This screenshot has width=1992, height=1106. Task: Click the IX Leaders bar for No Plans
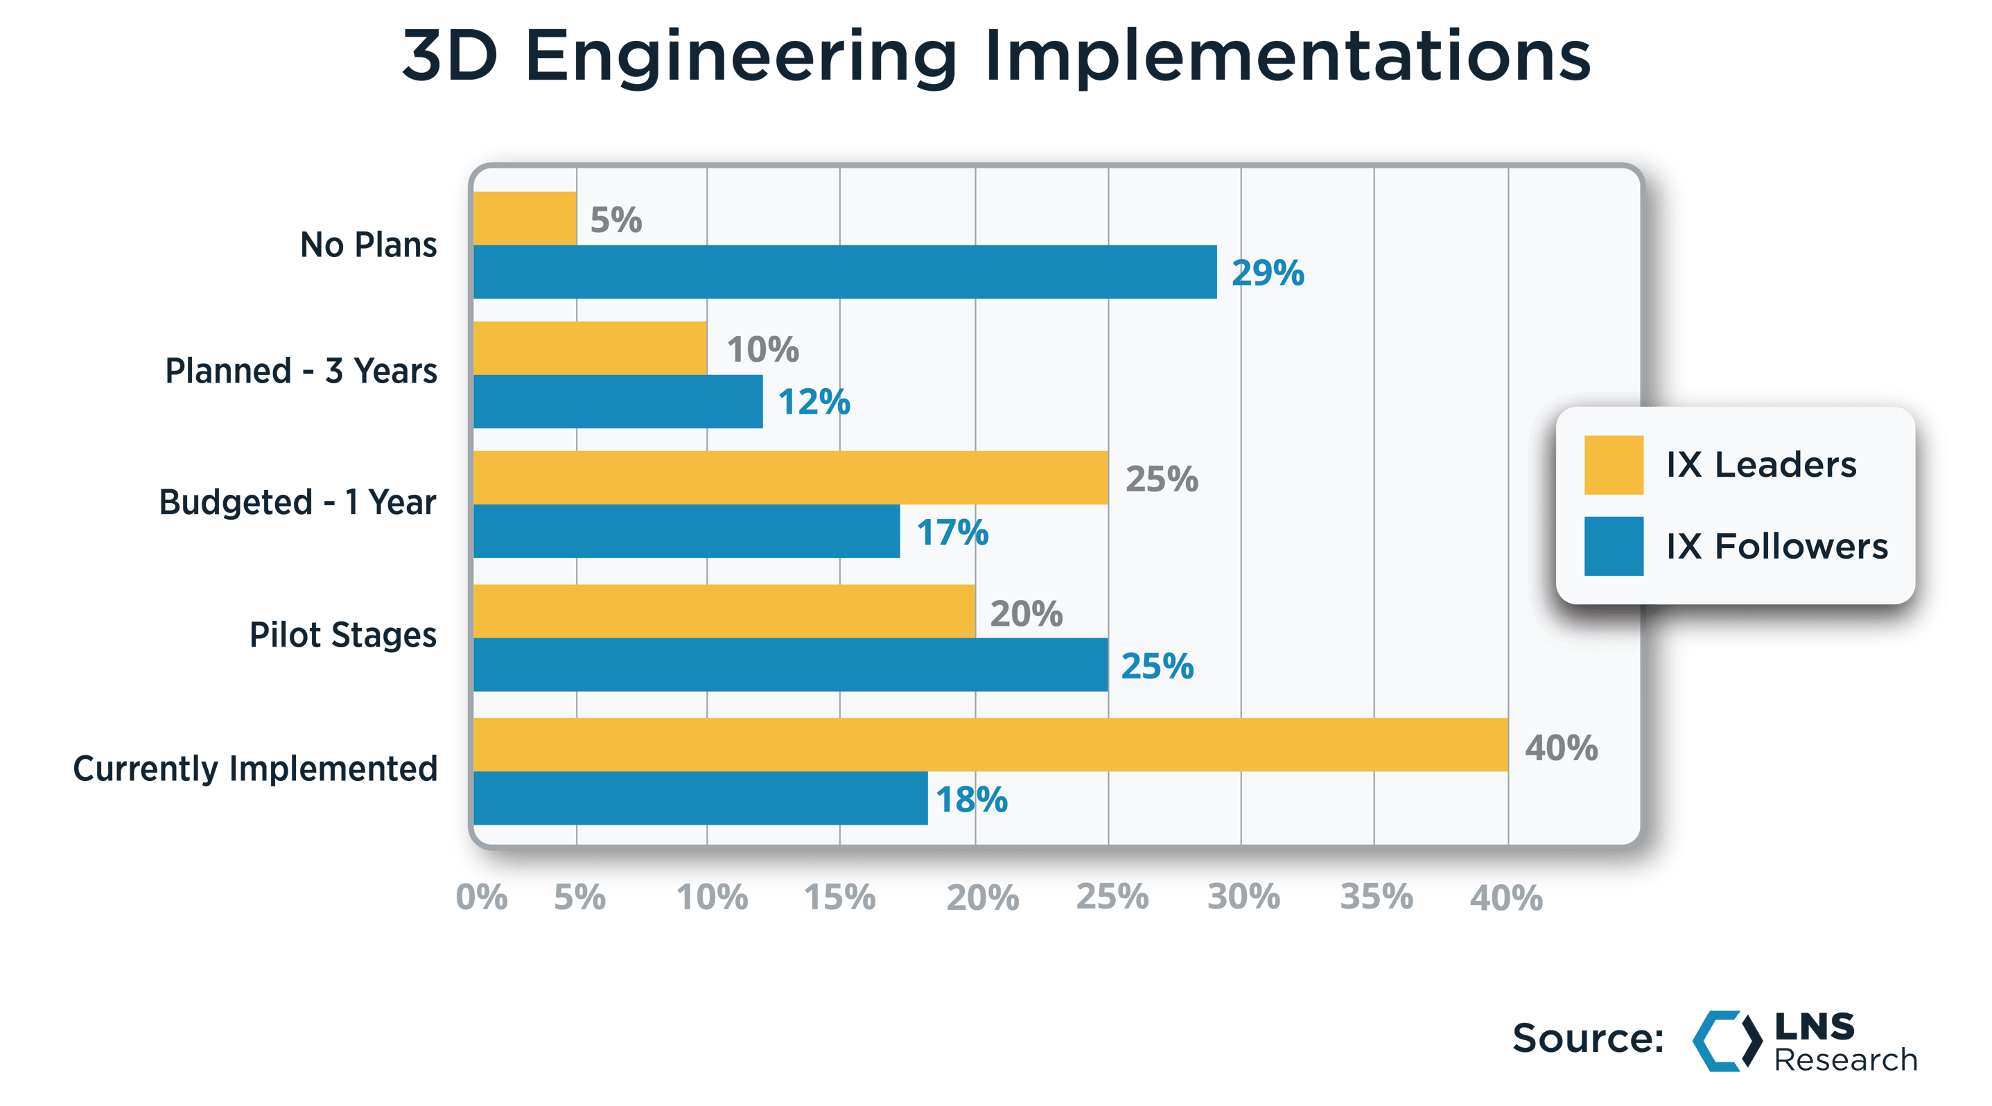point(525,218)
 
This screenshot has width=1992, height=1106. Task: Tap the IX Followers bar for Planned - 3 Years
point(618,401)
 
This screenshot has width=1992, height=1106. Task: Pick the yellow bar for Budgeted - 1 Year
point(790,477)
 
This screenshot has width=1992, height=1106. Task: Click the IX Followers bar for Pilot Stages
point(790,665)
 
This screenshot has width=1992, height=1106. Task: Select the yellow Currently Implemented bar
point(990,744)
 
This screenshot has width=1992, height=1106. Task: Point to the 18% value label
point(971,799)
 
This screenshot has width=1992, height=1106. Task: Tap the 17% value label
point(952,532)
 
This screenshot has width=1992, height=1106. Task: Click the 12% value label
point(814,402)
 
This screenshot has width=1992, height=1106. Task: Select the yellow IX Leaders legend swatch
point(1613,464)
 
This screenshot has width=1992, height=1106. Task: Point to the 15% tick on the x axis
point(840,897)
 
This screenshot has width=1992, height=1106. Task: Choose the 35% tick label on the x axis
point(1376,897)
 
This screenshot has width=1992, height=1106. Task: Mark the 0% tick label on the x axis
point(482,897)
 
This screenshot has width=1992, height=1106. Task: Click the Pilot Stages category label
point(342,635)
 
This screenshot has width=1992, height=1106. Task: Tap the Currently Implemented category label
point(255,769)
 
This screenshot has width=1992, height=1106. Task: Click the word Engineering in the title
point(741,58)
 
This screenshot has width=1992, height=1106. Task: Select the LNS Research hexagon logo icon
point(1726,1040)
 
